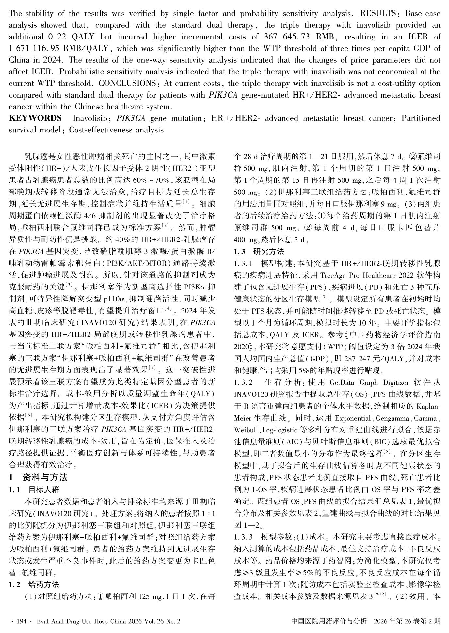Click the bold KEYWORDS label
[x=35, y=118]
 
